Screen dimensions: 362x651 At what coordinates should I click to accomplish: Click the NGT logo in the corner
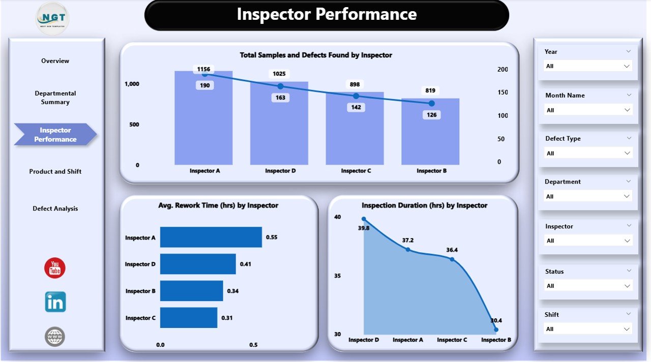(52, 18)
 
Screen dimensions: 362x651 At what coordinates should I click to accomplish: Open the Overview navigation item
(55, 61)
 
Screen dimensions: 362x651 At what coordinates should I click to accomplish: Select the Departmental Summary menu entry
(55, 98)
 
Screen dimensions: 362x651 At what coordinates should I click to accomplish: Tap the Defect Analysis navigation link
(55, 208)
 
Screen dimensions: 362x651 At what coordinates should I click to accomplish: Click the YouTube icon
(55, 268)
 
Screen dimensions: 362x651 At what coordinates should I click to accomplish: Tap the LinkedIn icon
(55, 302)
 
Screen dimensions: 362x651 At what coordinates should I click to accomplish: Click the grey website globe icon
(55, 337)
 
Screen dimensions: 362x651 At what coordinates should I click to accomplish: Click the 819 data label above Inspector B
(430, 90)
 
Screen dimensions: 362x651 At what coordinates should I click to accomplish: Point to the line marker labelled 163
(280, 86)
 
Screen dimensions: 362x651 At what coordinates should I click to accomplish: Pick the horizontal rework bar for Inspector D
(198, 264)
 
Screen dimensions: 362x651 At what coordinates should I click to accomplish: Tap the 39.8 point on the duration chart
(364, 219)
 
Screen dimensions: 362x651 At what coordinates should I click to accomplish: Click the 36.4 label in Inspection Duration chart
(452, 250)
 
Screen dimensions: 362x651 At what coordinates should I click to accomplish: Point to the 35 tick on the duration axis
(338, 276)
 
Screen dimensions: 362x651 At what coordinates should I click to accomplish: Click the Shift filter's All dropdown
(588, 329)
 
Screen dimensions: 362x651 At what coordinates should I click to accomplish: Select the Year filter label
(551, 51)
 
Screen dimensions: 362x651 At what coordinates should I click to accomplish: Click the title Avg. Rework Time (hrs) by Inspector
(218, 205)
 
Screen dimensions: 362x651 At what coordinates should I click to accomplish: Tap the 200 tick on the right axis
(502, 69)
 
